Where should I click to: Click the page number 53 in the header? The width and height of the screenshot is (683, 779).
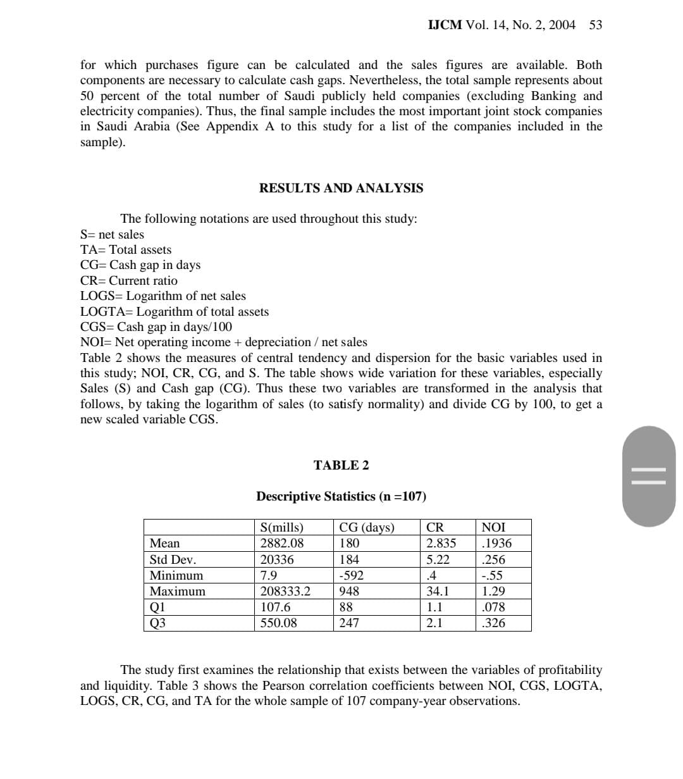click(x=595, y=25)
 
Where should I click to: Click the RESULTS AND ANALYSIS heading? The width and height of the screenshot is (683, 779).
click(x=341, y=188)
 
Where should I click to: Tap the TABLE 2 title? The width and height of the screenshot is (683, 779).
click(x=341, y=465)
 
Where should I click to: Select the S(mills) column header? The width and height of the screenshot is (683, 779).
click(x=282, y=528)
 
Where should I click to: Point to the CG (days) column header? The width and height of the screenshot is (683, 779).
click(x=367, y=528)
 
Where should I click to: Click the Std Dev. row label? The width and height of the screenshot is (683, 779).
click(x=173, y=559)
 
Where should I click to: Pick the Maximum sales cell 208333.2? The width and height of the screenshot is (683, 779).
click(x=286, y=591)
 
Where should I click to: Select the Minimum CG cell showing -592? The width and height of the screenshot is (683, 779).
click(x=352, y=575)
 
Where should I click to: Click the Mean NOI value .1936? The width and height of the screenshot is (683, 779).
click(x=496, y=544)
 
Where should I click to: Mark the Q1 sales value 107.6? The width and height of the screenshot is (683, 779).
click(x=275, y=607)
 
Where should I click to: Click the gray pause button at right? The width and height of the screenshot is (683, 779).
click(x=649, y=476)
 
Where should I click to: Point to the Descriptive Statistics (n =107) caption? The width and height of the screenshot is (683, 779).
click(x=336, y=496)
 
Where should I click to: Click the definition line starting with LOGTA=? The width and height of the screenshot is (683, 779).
click(x=175, y=311)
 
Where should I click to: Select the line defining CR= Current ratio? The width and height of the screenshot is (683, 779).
click(x=129, y=280)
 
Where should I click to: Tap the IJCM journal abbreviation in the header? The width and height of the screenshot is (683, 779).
click(x=445, y=25)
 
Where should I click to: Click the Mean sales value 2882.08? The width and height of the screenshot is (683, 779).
click(x=282, y=544)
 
